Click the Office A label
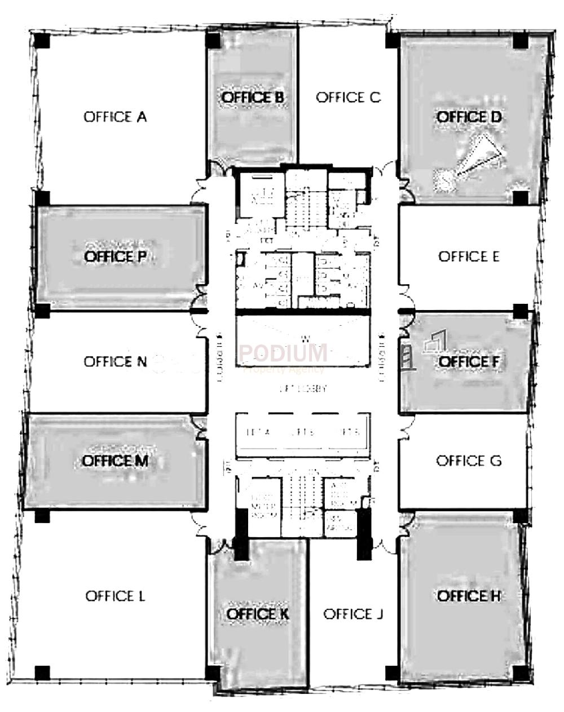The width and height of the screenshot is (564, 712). pyautogui.click(x=115, y=117)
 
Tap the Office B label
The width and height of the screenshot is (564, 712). pyautogui.click(x=252, y=98)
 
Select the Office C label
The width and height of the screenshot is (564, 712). pyautogui.click(x=348, y=98)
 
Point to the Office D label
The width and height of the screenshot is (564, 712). pyautogui.click(x=469, y=117)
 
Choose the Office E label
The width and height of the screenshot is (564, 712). pyautogui.click(x=469, y=257)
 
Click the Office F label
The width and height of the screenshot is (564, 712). pyautogui.click(x=469, y=361)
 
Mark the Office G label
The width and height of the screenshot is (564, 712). pyautogui.click(x=469, y=461)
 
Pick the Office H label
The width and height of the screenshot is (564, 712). pyautogui.click(x=469, y=596)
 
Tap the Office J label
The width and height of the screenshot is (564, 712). pyautogui.click(x=354, y=614)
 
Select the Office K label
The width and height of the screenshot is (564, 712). pyautogui.click(x=258, y=614)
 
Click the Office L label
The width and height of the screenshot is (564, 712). pyautogui.click(x=115, y=596)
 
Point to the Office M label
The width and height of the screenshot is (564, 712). pyautogui.click(x=115, y=461)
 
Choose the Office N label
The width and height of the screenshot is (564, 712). pyautogui.click(x=115, y=361)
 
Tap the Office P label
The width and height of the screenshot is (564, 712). pyautogui.click(x=115, y=257)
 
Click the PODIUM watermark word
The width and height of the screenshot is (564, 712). pyautogui.click(x=283, y=353)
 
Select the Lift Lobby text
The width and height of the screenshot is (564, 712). pyautogui.click(x=303, y=389)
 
